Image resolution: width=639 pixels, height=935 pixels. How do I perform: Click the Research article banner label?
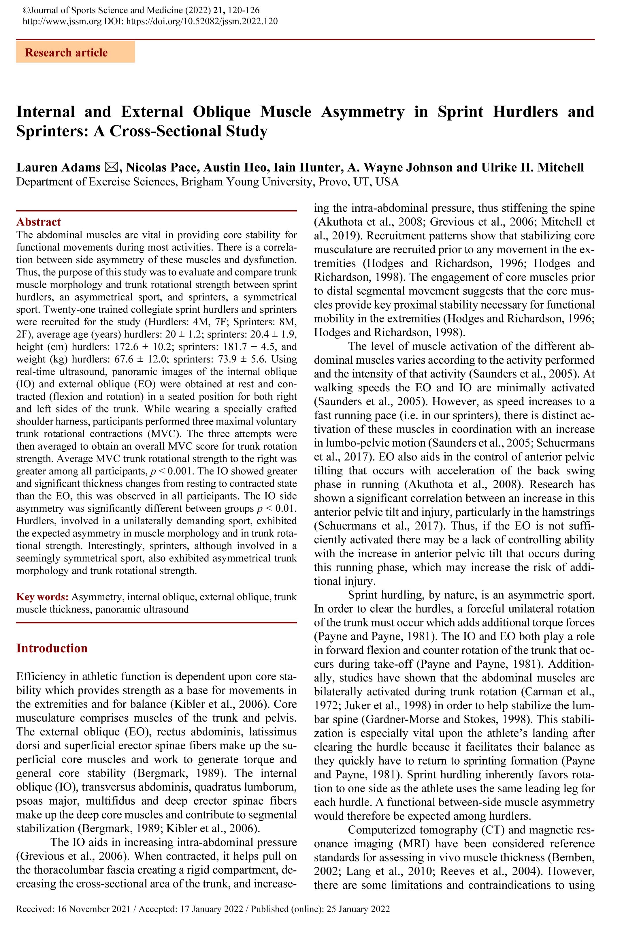[x=66, y=53]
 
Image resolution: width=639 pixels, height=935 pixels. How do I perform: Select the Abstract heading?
[x=38, y=222]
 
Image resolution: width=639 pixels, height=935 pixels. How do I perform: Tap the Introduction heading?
[x=52, y=648]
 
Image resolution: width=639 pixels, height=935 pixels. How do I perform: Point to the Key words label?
[x=42, y=597]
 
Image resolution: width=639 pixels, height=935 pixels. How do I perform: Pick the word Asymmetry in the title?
[x=362, y=112]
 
